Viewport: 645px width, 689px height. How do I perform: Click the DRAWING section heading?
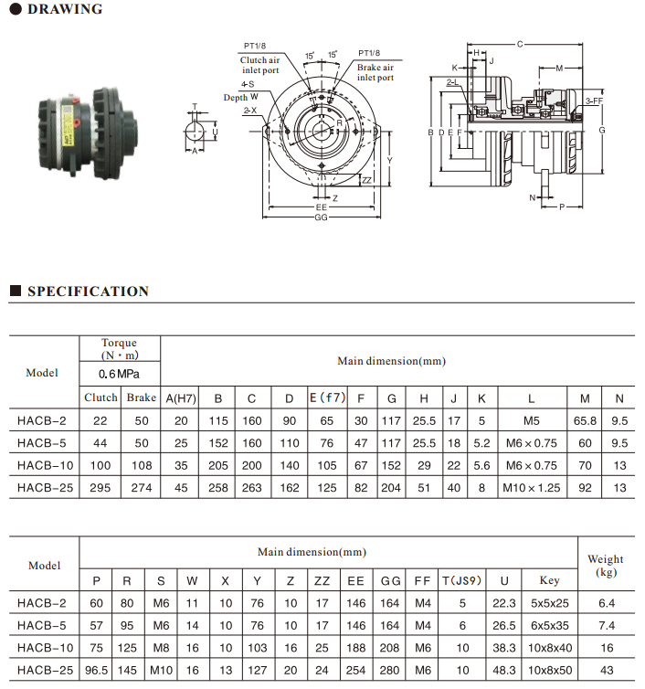tap(64, 10)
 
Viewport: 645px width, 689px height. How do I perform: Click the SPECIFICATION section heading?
tap(88, 291)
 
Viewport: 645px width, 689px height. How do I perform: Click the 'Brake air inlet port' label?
tap(375, 72)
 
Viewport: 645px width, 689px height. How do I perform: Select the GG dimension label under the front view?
tap(321, 218)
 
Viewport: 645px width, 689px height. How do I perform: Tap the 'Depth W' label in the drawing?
tap(241, 97)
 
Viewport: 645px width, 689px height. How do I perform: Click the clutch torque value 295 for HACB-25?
tap(100, 489)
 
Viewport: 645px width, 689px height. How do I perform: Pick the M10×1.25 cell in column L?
tap(530, 489)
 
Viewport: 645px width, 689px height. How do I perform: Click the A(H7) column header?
tap(181, 397)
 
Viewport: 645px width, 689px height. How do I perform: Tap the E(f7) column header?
tap(327, 397)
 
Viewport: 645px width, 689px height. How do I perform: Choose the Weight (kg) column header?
tap(606, 565)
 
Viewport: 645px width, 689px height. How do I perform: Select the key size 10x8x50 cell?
tap(549, 671)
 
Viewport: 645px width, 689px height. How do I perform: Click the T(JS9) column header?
tap(462, 580)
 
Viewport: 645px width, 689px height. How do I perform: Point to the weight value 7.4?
tap(606, 625)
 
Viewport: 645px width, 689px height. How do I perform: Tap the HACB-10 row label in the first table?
tap(42, 466)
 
